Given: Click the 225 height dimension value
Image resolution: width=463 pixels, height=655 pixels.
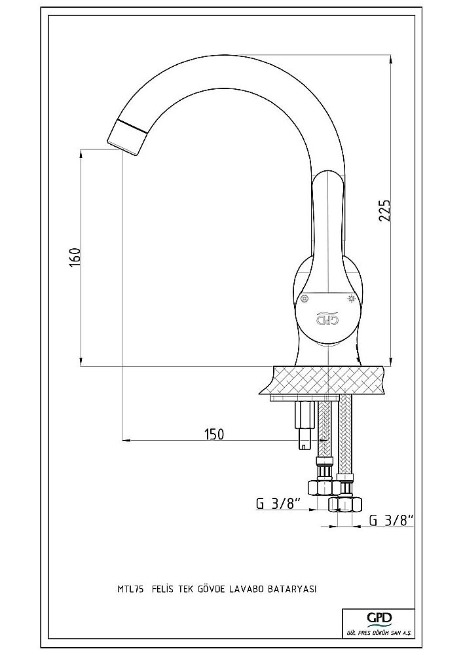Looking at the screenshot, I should (386, 212).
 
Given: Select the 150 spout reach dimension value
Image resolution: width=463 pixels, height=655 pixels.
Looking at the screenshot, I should (213, 434).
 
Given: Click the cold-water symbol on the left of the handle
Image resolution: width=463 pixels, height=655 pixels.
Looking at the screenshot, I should (305, 299).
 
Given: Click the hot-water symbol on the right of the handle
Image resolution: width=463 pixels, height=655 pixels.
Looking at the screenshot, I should (352, 299).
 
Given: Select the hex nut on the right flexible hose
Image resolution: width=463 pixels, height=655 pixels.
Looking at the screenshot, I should (344, 503).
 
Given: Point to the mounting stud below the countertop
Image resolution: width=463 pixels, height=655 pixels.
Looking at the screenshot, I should (303, 426).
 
